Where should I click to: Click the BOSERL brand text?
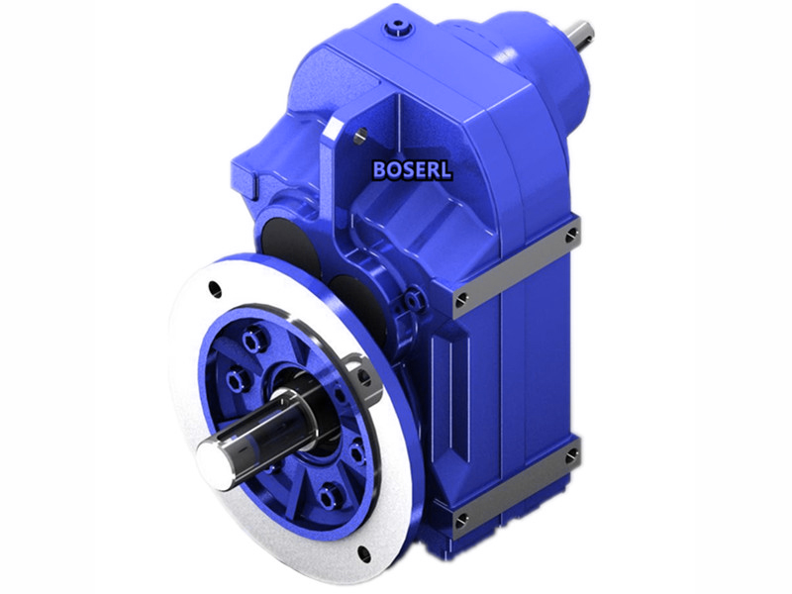(412, 169)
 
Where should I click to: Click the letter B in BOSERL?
(380, 169)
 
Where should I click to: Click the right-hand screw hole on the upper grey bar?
(571, 234)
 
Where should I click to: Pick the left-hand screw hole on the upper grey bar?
(461, 299)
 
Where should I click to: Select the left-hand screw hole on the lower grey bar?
(461, 519)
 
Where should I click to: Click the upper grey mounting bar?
(515, 267)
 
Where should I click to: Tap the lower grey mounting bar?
(515, 487)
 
